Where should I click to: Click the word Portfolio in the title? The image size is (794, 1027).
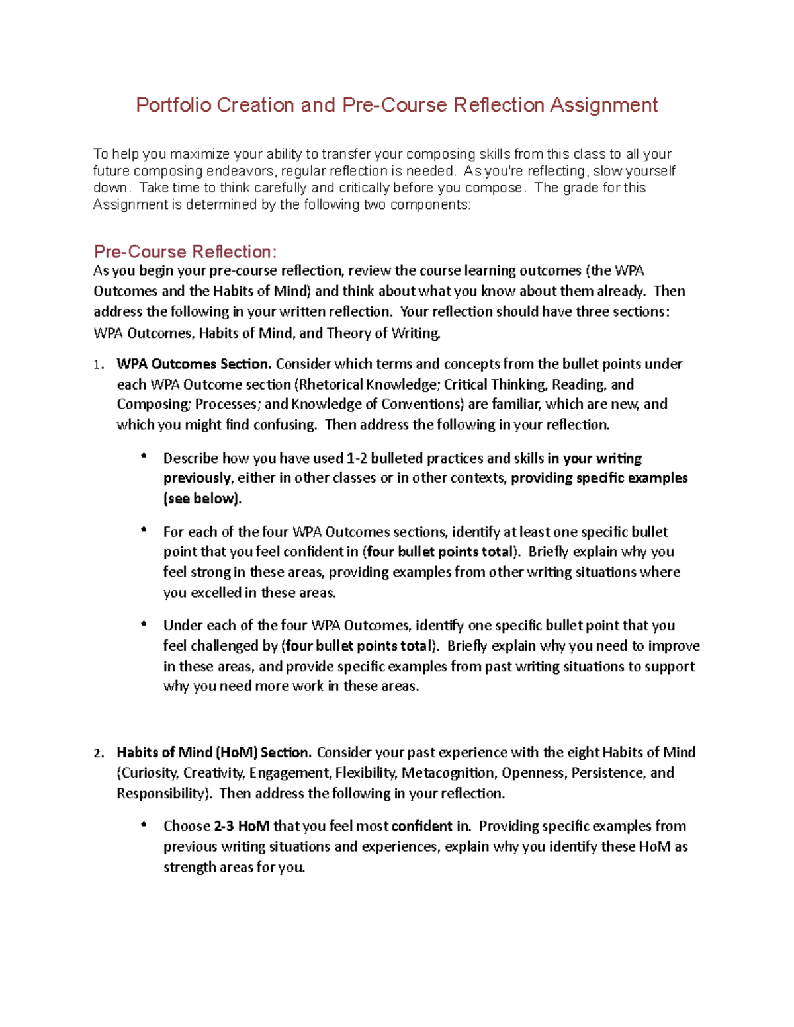pyautogui.click(x=173, y=105)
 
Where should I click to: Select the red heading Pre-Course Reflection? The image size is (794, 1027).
pyautogui.click(x=185, y=252)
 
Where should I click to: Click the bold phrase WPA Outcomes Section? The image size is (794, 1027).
pyautogui.click(x=194, y=364)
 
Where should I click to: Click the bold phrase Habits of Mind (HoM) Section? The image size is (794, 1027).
pyautogui.click(x=214, y=752)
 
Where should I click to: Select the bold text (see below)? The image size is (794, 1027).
pyautogui.click(x=202, y=499)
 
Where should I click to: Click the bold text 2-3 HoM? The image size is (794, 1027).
pyautogui.click(x=242, y=826)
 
